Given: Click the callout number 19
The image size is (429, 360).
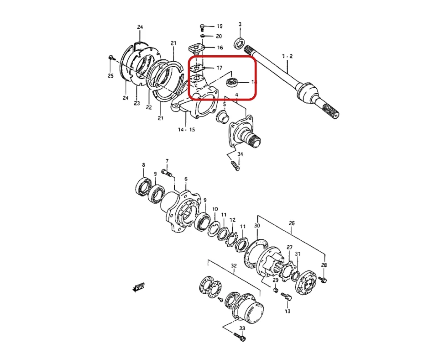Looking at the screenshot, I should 220,26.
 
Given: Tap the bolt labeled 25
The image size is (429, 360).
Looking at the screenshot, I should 111,58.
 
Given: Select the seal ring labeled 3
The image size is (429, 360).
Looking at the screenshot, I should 239,44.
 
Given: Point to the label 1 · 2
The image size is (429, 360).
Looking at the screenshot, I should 287,56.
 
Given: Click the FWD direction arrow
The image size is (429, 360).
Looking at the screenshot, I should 138,287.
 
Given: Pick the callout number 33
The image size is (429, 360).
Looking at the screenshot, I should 242,328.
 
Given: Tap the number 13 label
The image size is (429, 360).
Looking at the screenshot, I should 287,311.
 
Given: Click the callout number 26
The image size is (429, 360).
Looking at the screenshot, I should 292,223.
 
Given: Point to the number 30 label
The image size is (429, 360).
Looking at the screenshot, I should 257,226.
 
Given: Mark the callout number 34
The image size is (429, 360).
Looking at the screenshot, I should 240,154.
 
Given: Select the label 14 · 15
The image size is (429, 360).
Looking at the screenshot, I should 186,130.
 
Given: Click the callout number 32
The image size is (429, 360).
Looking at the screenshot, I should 234,265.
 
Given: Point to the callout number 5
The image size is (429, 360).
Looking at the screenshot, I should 225,105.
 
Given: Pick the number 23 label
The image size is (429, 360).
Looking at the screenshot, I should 136,103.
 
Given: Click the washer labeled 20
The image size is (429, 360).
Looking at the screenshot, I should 203,36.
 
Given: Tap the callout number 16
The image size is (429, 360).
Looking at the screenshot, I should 220,48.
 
